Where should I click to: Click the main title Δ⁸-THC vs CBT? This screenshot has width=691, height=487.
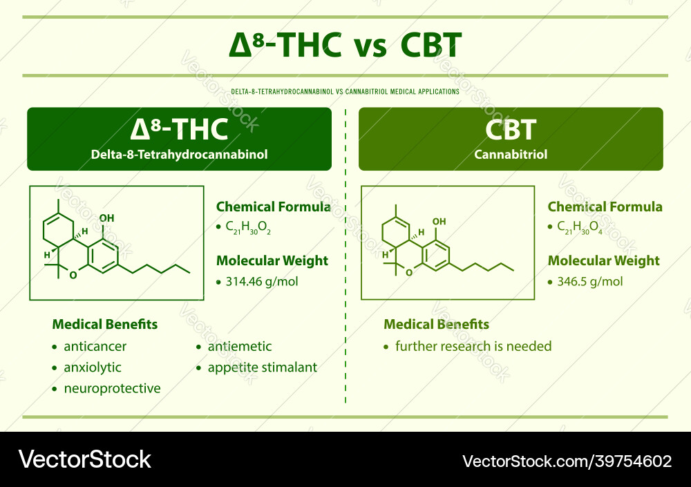tap(345, 46)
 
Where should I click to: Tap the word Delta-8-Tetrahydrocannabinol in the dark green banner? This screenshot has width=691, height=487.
tap(179, 155)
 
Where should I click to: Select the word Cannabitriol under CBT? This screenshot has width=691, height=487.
tap(511, 155)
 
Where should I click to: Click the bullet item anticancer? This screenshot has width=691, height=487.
tap(95, 347)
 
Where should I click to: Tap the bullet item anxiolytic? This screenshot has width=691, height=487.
tap(93, 367)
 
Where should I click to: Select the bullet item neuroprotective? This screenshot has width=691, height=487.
tap(112, 388)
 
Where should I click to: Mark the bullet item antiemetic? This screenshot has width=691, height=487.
tap(240, 347)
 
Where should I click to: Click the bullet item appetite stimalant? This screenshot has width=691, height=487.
tap(262, 367)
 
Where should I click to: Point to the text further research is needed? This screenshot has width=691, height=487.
tap(473, 347)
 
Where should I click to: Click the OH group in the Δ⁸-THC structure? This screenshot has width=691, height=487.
tap(106, 218)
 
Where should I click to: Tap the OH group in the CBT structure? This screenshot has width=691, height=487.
tap(439, 221)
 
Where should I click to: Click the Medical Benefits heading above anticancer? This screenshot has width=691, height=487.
tap(105, 324)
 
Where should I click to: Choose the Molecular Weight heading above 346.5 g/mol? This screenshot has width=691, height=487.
tap(604, 260)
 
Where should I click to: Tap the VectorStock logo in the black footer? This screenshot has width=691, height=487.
tap(85, 459)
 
